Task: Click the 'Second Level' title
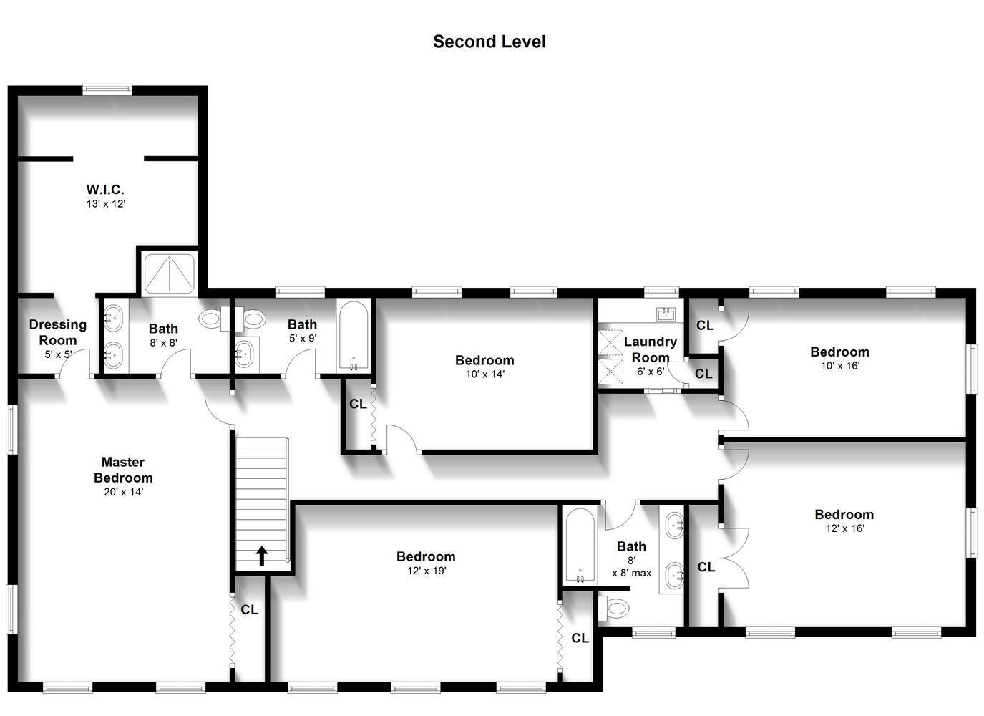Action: pos(489,42)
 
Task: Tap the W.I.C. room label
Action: pos(105,190)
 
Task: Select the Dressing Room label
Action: pos(57,332)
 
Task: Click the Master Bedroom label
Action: pos(123,470)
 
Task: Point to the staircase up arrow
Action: pos(262,556)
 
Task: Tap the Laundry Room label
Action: pos(650,349)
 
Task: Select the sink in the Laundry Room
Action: pos(666,314)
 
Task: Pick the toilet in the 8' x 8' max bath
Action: pos(614,609)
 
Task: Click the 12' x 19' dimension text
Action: pos(427,571)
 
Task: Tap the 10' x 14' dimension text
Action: pos(485,374)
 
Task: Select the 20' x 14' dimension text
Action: pos(123,493)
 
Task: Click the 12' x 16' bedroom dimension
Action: pos(844,528)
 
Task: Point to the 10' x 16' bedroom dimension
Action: pos(840,366)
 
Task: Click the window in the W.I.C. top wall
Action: pos(107,89)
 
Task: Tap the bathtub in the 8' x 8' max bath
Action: pos(580,546)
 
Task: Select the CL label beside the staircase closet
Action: pos(250,610)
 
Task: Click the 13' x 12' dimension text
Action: pos(106,204)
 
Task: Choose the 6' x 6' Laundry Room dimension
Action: pos(650,372)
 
